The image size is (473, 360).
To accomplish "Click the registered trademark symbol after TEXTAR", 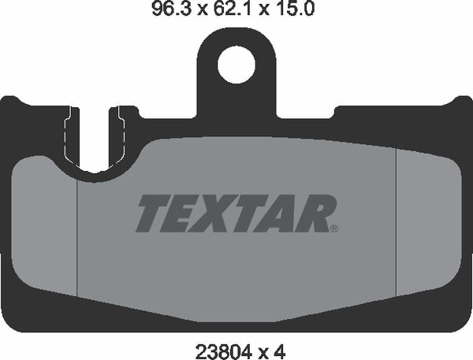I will point(334,230).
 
